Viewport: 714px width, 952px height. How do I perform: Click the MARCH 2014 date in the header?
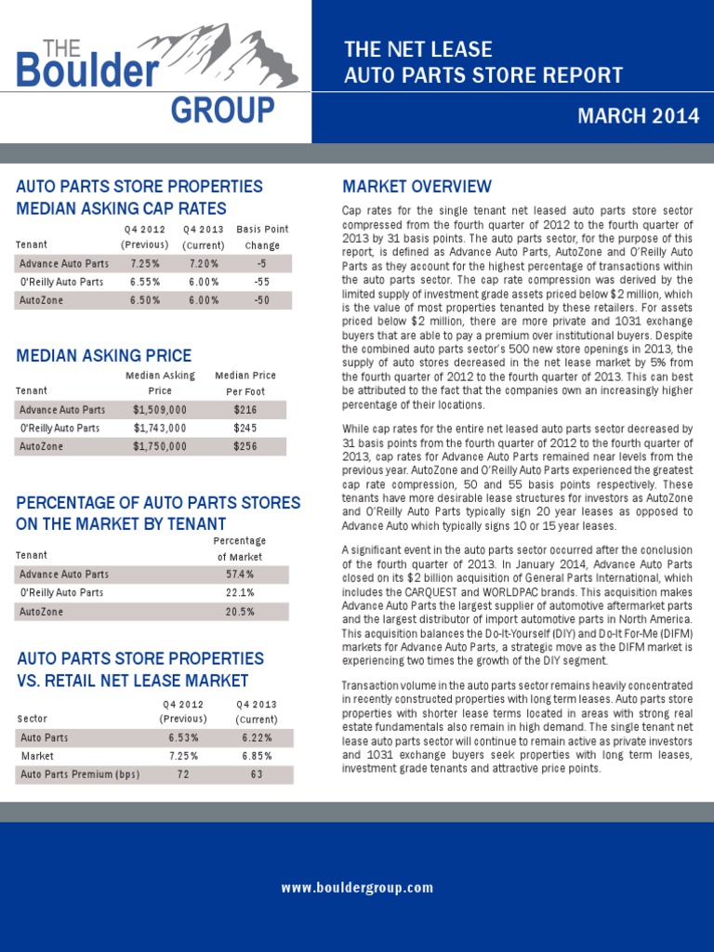[637, 116]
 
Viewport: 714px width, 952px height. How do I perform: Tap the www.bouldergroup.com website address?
[357, 888]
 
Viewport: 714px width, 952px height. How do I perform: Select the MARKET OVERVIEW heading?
[417, 187]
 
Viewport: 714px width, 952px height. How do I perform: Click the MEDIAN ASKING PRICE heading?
[104, 355]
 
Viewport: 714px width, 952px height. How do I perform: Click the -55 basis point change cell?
[261, 282]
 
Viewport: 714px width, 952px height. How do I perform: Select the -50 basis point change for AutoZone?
[261, 300]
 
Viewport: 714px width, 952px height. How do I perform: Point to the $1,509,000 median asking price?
[160, 410]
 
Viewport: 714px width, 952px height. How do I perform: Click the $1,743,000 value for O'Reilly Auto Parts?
[160, 429]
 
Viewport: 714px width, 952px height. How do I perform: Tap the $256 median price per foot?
[245, 446]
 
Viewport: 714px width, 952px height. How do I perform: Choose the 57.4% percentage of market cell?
[239, 575]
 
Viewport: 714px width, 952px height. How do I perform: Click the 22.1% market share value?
[239, 593]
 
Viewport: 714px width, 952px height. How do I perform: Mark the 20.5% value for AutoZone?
[239, 612]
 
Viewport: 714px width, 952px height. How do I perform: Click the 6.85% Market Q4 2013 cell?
[256, 756]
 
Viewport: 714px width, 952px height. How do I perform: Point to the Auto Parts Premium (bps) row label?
[80, 774]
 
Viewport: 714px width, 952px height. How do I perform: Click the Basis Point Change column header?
[262, 237]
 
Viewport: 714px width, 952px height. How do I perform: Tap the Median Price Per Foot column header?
[245, 383]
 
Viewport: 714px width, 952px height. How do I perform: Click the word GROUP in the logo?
[222, 111]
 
